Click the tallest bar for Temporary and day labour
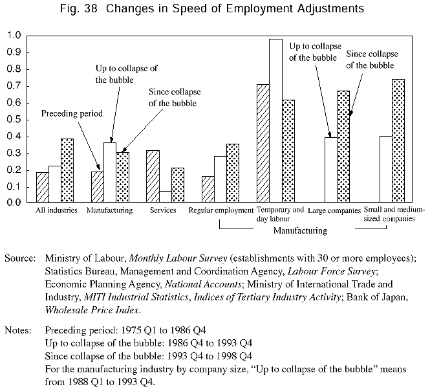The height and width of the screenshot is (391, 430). [x=276, y=120]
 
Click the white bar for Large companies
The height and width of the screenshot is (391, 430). [x=330, y=170]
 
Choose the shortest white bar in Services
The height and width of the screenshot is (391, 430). [x=166, y=196]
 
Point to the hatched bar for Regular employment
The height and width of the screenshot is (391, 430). [x=208, y=189]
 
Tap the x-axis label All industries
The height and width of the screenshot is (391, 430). [x=57, y=210]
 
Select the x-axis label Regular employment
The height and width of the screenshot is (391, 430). [x=220, y=210]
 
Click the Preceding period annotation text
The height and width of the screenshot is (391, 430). [x=72, y=113]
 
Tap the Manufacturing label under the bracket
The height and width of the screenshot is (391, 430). [x=300, y=230]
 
